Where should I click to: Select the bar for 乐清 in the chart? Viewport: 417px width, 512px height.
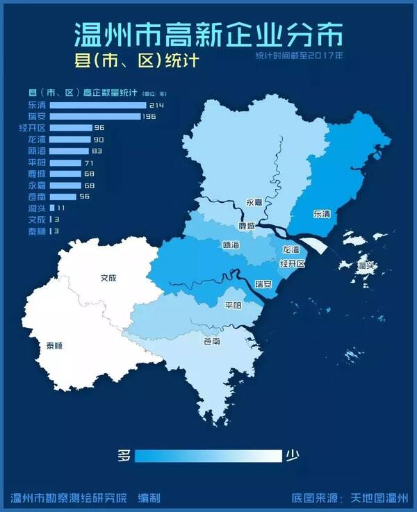tap(98, 105)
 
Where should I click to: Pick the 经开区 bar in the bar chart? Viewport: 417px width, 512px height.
tap(71, 128)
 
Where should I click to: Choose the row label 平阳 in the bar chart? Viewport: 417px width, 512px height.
tap(36, 162)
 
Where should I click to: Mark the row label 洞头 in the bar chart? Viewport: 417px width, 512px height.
tap(36, 208)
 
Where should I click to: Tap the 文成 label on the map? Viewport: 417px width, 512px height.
tap(108, 278)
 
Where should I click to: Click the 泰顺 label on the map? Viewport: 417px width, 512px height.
tap(55, 345)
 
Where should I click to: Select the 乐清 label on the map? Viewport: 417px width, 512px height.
tap(322, 214)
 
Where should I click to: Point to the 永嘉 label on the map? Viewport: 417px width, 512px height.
tap(254, 203)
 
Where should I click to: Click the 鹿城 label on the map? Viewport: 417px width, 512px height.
tap(247, 226)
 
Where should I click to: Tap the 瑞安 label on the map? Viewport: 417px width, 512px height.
tap(263, 284)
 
